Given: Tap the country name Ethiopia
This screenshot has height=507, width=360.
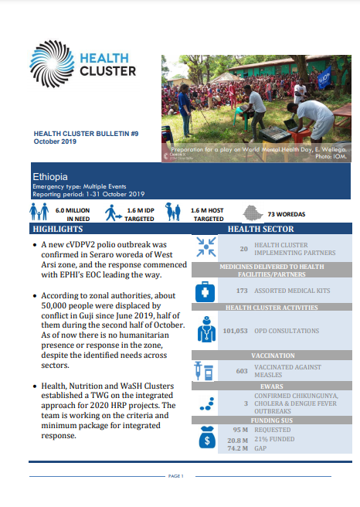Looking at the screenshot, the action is point(50,177).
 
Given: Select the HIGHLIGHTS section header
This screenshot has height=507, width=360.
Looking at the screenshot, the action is point(58,230).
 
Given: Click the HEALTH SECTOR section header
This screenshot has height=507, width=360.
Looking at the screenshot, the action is point(260,230).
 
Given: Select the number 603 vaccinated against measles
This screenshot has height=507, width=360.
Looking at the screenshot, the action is point(240,371).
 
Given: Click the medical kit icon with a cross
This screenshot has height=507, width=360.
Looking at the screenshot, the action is point(206,291).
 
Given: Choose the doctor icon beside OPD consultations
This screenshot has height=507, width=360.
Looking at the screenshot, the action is point(206,331).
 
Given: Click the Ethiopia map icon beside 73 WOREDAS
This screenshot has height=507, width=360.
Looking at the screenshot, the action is point(253,213).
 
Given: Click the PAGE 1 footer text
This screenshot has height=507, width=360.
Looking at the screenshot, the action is point(175,476).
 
